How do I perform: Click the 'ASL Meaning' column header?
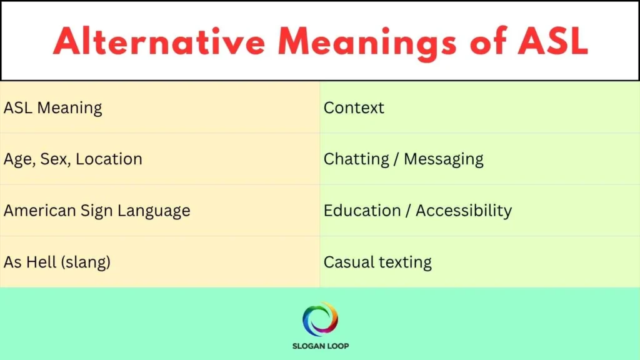[x=53, y=107]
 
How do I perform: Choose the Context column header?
[x=354, y=107]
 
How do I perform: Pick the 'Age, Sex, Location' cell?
[x=73, y=159]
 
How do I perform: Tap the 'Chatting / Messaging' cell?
[x=403, y=159]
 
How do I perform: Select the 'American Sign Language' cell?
[x=97, y=211]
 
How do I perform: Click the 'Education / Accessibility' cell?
[x=417, y=211]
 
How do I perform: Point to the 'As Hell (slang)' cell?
[x=57, y=262]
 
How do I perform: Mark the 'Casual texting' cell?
[x=377, y=262]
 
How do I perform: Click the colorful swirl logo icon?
[x=320, y=319]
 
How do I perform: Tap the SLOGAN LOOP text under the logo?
[x=320, y=346]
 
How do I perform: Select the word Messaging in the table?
[x=444, y=159]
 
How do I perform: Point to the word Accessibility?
[x=464, y=211]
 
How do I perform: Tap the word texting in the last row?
[x=404, y=262]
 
